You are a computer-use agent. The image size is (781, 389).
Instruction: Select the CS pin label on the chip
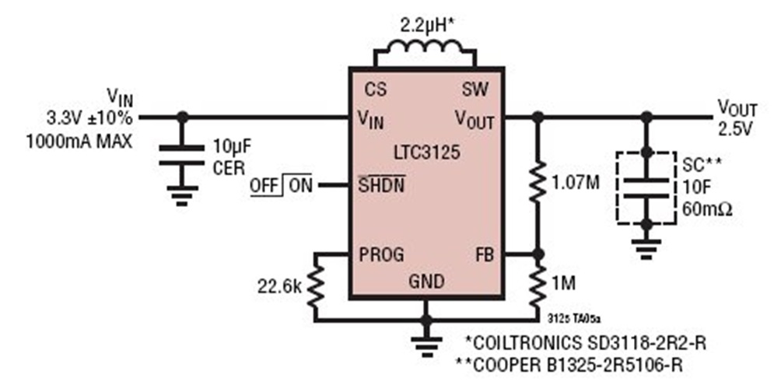point(375,89)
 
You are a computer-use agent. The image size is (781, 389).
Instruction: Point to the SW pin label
point(475,89)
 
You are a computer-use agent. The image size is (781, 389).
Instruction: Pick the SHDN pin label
point(381,186)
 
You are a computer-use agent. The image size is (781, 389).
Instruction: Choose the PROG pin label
point(383,254)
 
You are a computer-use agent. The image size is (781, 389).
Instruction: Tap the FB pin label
point(483,254)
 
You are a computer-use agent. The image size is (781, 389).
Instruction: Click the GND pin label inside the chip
point(426,281)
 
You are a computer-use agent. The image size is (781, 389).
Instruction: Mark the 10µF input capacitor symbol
point(182,155)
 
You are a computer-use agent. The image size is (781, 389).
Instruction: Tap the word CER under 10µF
point(229,166)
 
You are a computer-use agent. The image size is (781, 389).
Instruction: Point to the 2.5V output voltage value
point(735,129)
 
